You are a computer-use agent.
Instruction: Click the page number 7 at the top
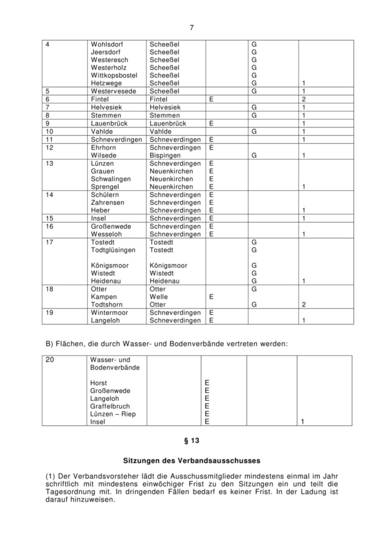(x=192, y=27)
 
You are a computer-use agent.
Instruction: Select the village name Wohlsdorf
(x=106, y=44)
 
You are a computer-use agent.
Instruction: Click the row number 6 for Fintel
(x=48, y=99)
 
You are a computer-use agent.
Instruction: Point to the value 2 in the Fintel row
(x=304, y=99)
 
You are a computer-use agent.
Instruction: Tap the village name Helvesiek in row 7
(x=106, y=107)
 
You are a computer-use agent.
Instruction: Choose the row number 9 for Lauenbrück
(x=48, y=123)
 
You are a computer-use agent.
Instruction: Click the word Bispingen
(x=165, y=156)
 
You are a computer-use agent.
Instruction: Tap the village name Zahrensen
(x=108, y=202)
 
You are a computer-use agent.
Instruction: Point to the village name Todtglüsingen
(x=113, y=250)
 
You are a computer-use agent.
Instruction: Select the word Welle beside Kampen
(x=158, y=297)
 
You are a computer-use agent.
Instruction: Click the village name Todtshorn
(x=107, y=305)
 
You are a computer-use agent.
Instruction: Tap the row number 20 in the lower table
(x=49, y=359)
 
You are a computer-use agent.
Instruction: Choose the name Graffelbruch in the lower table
(x=110, y=406)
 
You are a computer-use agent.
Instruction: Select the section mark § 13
(x=192, y=440)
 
